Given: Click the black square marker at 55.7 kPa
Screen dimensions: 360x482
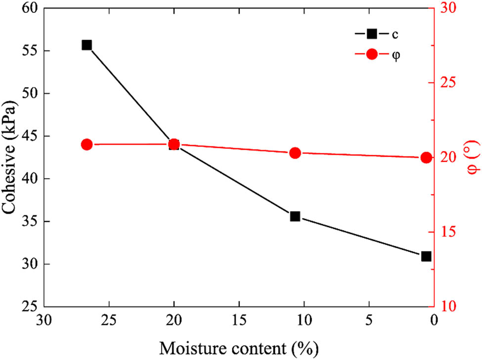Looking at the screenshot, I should pos(87,45).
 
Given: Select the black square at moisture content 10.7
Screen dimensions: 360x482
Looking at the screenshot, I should pos(295,216).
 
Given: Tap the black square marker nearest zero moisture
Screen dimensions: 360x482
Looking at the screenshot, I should pos(426,256).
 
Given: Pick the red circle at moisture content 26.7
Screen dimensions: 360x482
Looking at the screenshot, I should pos(87,144).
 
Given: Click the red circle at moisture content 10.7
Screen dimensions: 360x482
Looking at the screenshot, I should pos(295,153).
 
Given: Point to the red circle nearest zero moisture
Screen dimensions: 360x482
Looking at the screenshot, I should pos(426,158).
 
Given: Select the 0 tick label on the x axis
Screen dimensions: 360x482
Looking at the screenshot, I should pos(434,320).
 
